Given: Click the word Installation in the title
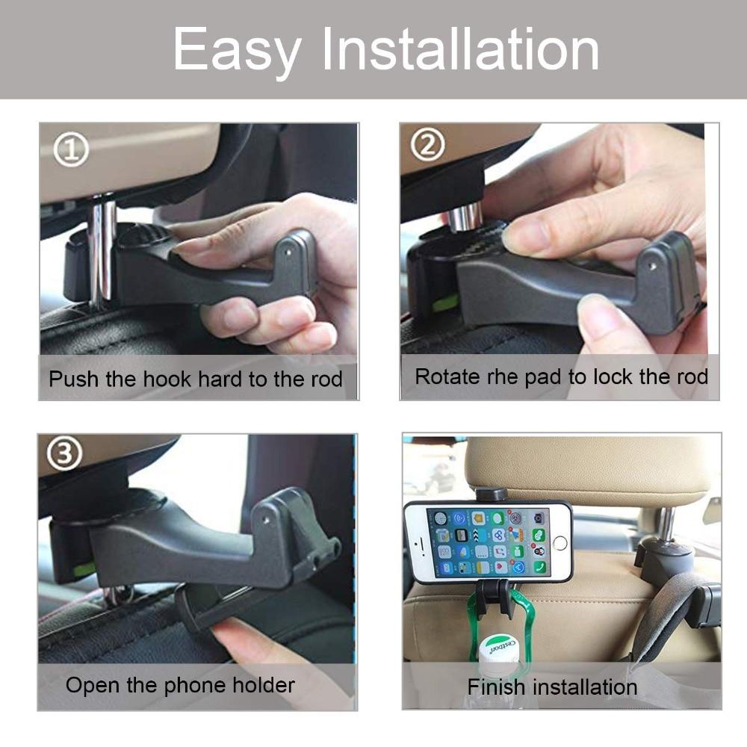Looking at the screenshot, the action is click(x=461, y=49).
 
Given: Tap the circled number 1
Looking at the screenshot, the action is click(x=71, y=149).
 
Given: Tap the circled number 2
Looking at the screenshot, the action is click(x=428, y=145).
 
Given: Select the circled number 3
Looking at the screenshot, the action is click(x=64, y=453).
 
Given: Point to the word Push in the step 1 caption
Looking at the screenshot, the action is click(x=74, y=379).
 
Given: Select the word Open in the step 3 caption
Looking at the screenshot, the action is click(x=93, y=686).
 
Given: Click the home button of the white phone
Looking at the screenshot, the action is click(x=560, y=542).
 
